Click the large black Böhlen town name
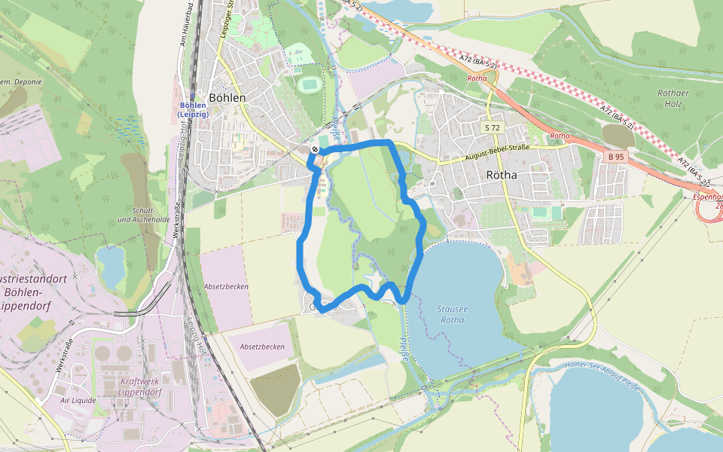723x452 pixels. [227, 98]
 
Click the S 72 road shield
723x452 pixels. [493, 128]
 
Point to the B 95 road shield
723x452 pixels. [615, 157]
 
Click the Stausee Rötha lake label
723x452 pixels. [451, 314]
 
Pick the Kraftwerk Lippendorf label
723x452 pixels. [145, 386]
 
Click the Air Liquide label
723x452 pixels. [79, 401]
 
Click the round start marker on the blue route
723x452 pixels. [314, 150]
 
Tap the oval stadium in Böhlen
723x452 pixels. [307, 84]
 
